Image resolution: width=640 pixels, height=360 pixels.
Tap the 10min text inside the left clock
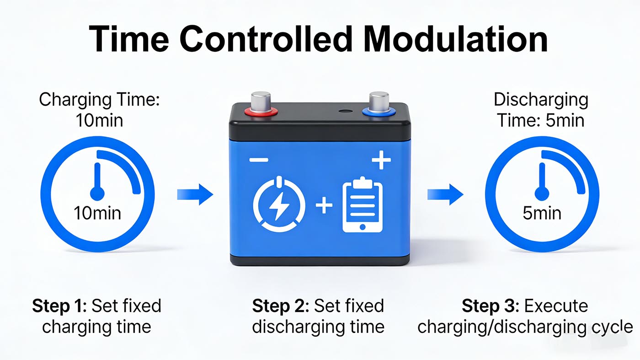pos(97,213)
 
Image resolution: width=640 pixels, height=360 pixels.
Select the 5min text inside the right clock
pos(542,213)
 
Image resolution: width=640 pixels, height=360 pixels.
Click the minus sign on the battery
pos(259,161)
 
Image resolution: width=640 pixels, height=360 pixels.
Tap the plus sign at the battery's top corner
pos(381,161)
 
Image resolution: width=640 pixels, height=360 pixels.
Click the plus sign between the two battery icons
pos(324,205)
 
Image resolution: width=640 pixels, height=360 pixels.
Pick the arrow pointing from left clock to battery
pos(195,195)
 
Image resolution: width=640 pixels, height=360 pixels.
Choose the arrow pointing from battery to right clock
pos(445,195)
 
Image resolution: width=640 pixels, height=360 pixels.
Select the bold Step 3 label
pos(490,306)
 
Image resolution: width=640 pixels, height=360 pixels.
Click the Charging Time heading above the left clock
pos(99,100)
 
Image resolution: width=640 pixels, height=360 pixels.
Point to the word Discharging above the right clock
pos(541,100)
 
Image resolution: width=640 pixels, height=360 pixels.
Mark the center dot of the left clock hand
pos(97,193)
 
